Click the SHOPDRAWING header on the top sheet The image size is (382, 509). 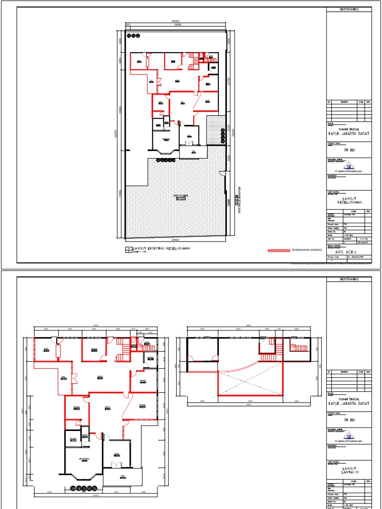[349, 9]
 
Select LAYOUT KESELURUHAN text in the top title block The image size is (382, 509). [349, 200]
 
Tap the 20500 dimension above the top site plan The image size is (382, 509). [175, 21]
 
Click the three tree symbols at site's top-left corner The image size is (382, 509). [134, 36]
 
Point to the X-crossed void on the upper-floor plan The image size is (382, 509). [250, 383]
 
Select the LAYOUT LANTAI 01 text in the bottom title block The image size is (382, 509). [349, 470]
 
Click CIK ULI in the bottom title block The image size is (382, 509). [349, 420]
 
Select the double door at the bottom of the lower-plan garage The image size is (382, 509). [116, 465]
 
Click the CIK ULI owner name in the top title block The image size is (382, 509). [349, 149]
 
